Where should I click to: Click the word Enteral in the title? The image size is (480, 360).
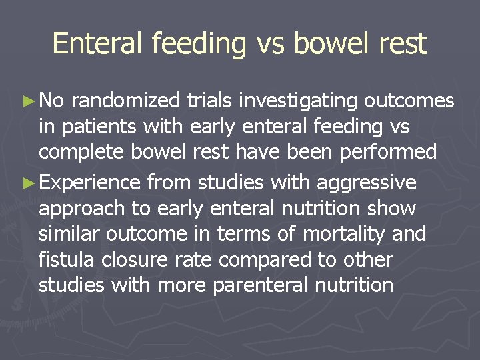(98, 44)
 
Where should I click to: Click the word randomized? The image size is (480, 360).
(125, 101)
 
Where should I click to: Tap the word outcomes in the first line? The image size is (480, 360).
(409, 101)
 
